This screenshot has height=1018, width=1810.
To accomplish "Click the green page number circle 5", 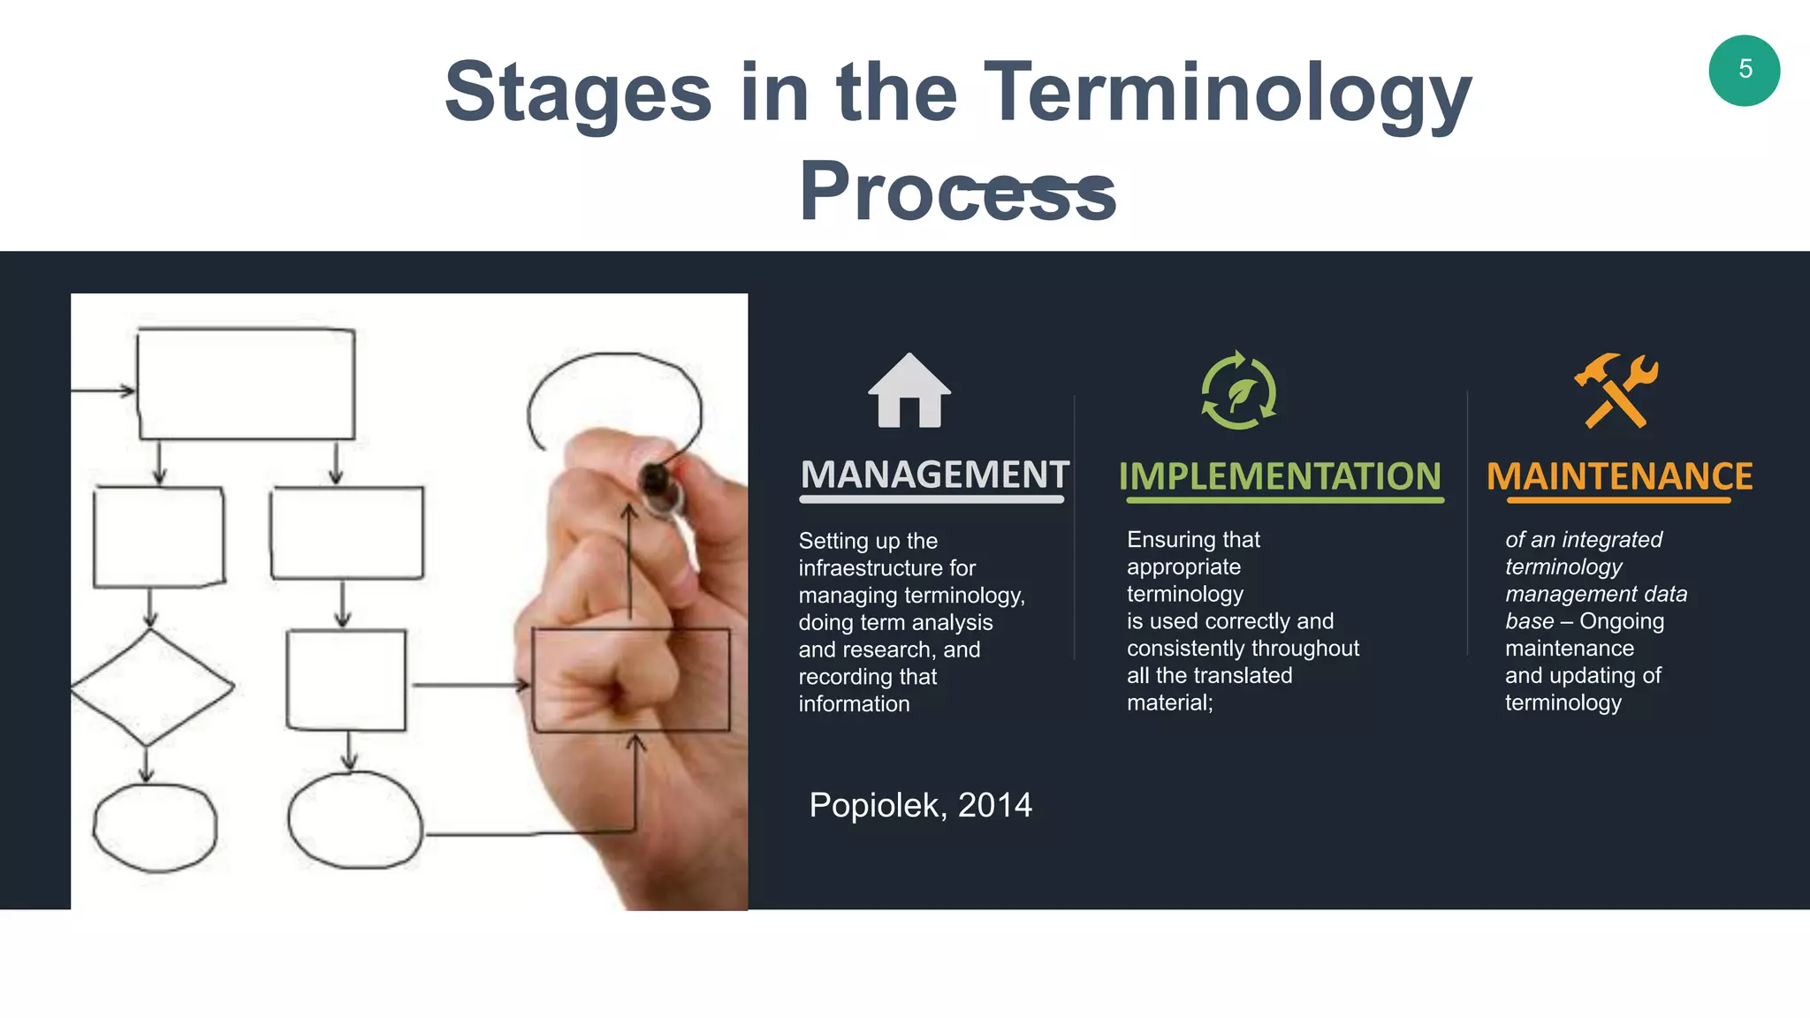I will [1744, 71].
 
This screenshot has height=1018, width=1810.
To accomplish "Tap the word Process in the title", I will [957, 193].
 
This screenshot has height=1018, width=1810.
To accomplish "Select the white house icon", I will [909, 391].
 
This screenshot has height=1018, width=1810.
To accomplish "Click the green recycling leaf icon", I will [1238, 391].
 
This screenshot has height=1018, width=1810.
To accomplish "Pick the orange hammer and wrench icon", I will [1616, 391].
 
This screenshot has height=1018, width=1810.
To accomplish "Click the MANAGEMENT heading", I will [934, 475].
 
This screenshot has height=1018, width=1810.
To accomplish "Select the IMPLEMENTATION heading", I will [1280, 477].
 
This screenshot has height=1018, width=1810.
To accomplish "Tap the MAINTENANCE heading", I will [1619, 477].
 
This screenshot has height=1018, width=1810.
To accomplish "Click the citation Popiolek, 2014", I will [920, 805].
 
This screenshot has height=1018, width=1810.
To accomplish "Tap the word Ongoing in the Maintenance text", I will [1621, 621].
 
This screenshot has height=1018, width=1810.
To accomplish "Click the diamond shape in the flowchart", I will [152, 687].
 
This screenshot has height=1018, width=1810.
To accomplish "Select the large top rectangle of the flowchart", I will [247, 384].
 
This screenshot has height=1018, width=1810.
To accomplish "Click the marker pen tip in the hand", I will [655, 482].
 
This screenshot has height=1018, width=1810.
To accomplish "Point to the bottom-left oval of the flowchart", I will [155, 827].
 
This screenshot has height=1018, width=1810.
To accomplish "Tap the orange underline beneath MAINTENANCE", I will [1618, 501].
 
